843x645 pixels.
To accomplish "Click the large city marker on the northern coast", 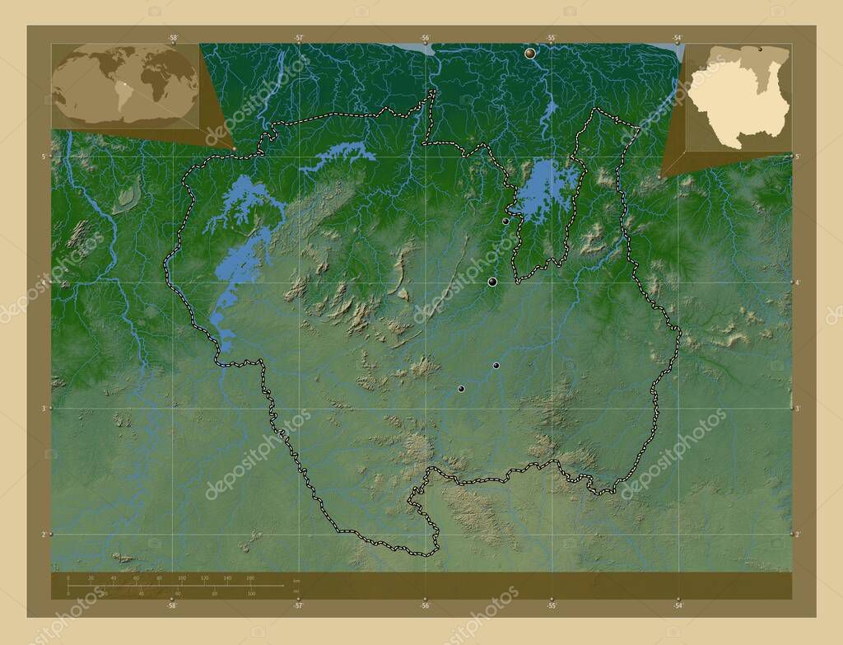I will click(529, 53).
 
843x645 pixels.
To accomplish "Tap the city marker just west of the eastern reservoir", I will click(505, 221).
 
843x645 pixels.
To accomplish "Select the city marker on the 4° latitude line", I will click(492, 282).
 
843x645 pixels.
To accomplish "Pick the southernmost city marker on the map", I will click(461, 389).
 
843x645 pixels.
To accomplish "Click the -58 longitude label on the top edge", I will click(173, 38).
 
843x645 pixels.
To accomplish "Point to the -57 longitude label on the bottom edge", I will click(299, 605).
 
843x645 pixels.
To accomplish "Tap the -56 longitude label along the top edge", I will click(426, 38).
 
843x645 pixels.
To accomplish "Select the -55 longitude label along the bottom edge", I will click(552, 605).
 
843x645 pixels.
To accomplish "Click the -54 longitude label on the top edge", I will click(677, 38).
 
